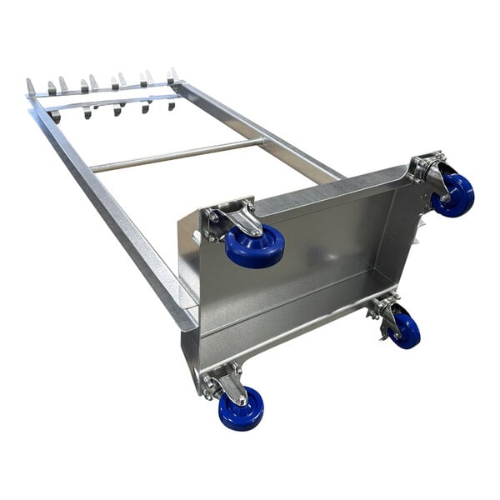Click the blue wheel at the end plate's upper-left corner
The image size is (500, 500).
(x=255, y=247)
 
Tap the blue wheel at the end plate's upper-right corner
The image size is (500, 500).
(x=453, y=195)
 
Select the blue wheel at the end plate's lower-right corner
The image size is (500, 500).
(x=407, y=330)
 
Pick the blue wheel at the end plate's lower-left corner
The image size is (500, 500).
(x=241, y=408)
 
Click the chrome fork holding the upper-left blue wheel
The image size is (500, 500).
(x=242, y=222)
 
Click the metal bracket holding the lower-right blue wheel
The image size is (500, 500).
(x=385, y=313)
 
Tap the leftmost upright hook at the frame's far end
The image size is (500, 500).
(x=31, y=87)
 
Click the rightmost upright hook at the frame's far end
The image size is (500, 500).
(x=174, y=75)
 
